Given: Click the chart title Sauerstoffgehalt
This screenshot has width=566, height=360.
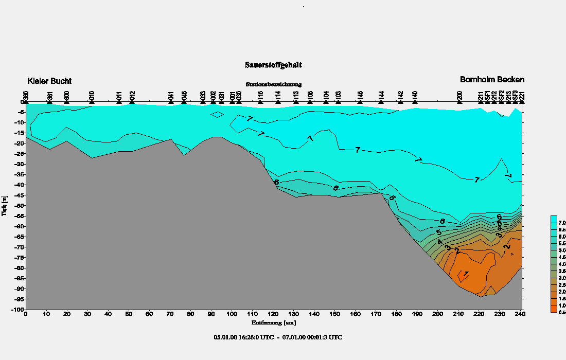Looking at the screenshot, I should (x=273, y=65).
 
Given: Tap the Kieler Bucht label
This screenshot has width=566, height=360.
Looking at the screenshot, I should (x=49, y=81).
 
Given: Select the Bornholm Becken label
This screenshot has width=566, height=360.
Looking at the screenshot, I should (x=492, y=80).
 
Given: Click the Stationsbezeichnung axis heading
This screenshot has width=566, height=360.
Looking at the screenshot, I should (x=273, y=84).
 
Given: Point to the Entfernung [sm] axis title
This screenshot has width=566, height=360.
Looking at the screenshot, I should (x=273, y=323).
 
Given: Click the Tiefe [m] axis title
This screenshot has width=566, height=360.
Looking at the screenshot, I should (x=5, y=206).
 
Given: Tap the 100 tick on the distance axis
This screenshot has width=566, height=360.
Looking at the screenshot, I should (x=232, y=314).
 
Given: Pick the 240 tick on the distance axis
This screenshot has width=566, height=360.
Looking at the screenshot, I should (x=521, y=314).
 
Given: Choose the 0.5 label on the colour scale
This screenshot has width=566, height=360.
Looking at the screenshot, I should (x=562, y=313).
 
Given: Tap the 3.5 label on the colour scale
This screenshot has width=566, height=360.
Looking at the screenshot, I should (x=562, y=271).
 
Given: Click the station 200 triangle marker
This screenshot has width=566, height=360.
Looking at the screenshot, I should (x=459, y=102).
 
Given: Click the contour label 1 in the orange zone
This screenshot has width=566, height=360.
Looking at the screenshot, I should (x=466, y=274).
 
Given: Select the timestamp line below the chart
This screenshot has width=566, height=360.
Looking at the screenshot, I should (x=278, y=337).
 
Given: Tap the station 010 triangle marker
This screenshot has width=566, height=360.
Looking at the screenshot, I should (x=92, y=102).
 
